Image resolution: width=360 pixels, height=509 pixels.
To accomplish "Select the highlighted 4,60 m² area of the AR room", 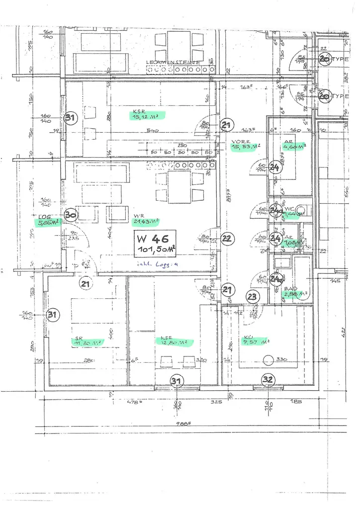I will point(295,147).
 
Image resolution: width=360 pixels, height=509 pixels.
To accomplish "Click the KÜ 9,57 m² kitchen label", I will point(256,341).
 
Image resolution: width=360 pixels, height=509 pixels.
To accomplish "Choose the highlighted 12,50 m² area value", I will point(174,342).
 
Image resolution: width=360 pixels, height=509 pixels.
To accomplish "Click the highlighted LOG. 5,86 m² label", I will point(49,221).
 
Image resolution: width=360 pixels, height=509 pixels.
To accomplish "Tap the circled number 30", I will point(71,215).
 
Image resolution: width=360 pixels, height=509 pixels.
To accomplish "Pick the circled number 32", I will point(268,380).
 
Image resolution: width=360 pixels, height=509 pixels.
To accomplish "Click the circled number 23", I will point(253,297).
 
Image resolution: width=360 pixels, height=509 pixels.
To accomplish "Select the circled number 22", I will point(227,239).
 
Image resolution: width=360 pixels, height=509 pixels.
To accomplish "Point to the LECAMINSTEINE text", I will point(173,63).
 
